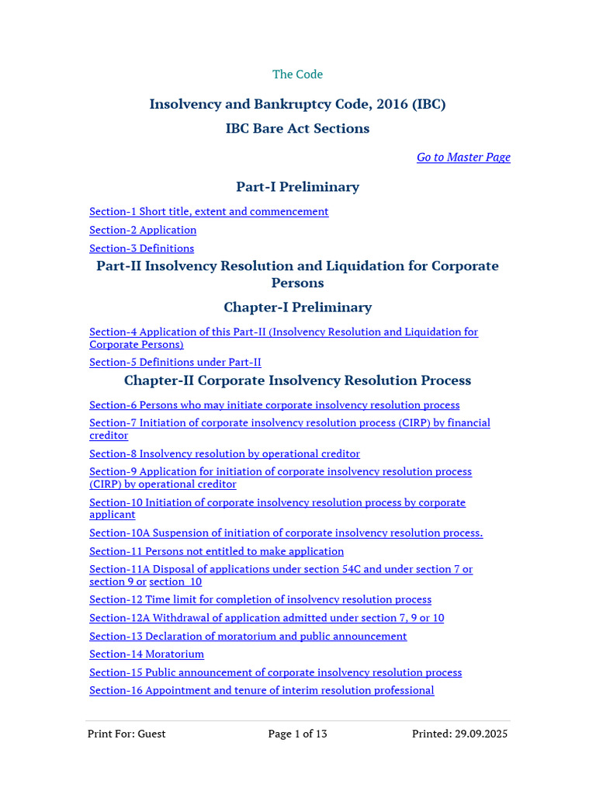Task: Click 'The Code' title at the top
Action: [x=297, y=75]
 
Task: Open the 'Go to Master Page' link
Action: [x=463, y=158]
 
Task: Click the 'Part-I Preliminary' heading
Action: [x=297, y=187]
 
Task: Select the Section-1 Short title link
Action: [x=209, y=212]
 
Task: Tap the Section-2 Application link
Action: [x=143, y=231]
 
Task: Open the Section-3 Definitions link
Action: [x=141, y=248]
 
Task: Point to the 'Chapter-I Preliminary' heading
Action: [x=297, y=307]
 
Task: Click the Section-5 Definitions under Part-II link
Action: [x=175, y=363]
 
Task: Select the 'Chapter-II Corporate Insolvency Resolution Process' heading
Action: [x=297, y=381]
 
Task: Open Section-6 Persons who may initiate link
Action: [x=274, y=405]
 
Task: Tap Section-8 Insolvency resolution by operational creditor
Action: [x=224, y=454]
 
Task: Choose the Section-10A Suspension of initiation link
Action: [x=286, y=533]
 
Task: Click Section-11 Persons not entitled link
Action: [x=217, y=552]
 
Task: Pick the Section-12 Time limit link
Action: [x=260, y=600]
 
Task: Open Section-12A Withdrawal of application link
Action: [x=266, y=619]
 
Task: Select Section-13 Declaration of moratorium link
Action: [x=248, y=637]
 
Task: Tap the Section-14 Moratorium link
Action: [x=147, y=654]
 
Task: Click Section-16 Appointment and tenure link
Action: [x=262, y=691]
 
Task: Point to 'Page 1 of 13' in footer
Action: [x=297, y=734]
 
